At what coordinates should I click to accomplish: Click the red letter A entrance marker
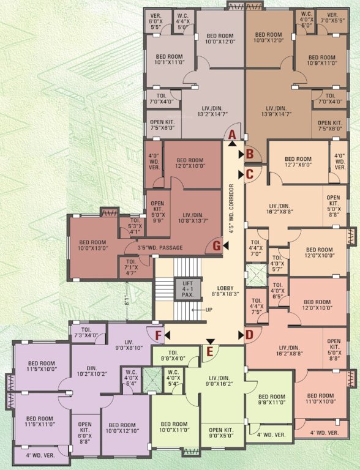[x=232, y=135]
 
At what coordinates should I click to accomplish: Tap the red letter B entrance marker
[x=249, y=154]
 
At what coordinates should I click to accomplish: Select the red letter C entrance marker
[x=249, y=174]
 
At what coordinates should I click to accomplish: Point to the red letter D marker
[x=249, y=334]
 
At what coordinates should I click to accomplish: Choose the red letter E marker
[x=210, y=351]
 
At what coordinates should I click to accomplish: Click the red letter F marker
[x=158, y=335]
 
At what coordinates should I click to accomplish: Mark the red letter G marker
[x=217, y=245]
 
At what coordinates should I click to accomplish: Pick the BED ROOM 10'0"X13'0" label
[x=93, y=245]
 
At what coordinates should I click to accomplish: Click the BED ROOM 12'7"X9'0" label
[x=298, y=163]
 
